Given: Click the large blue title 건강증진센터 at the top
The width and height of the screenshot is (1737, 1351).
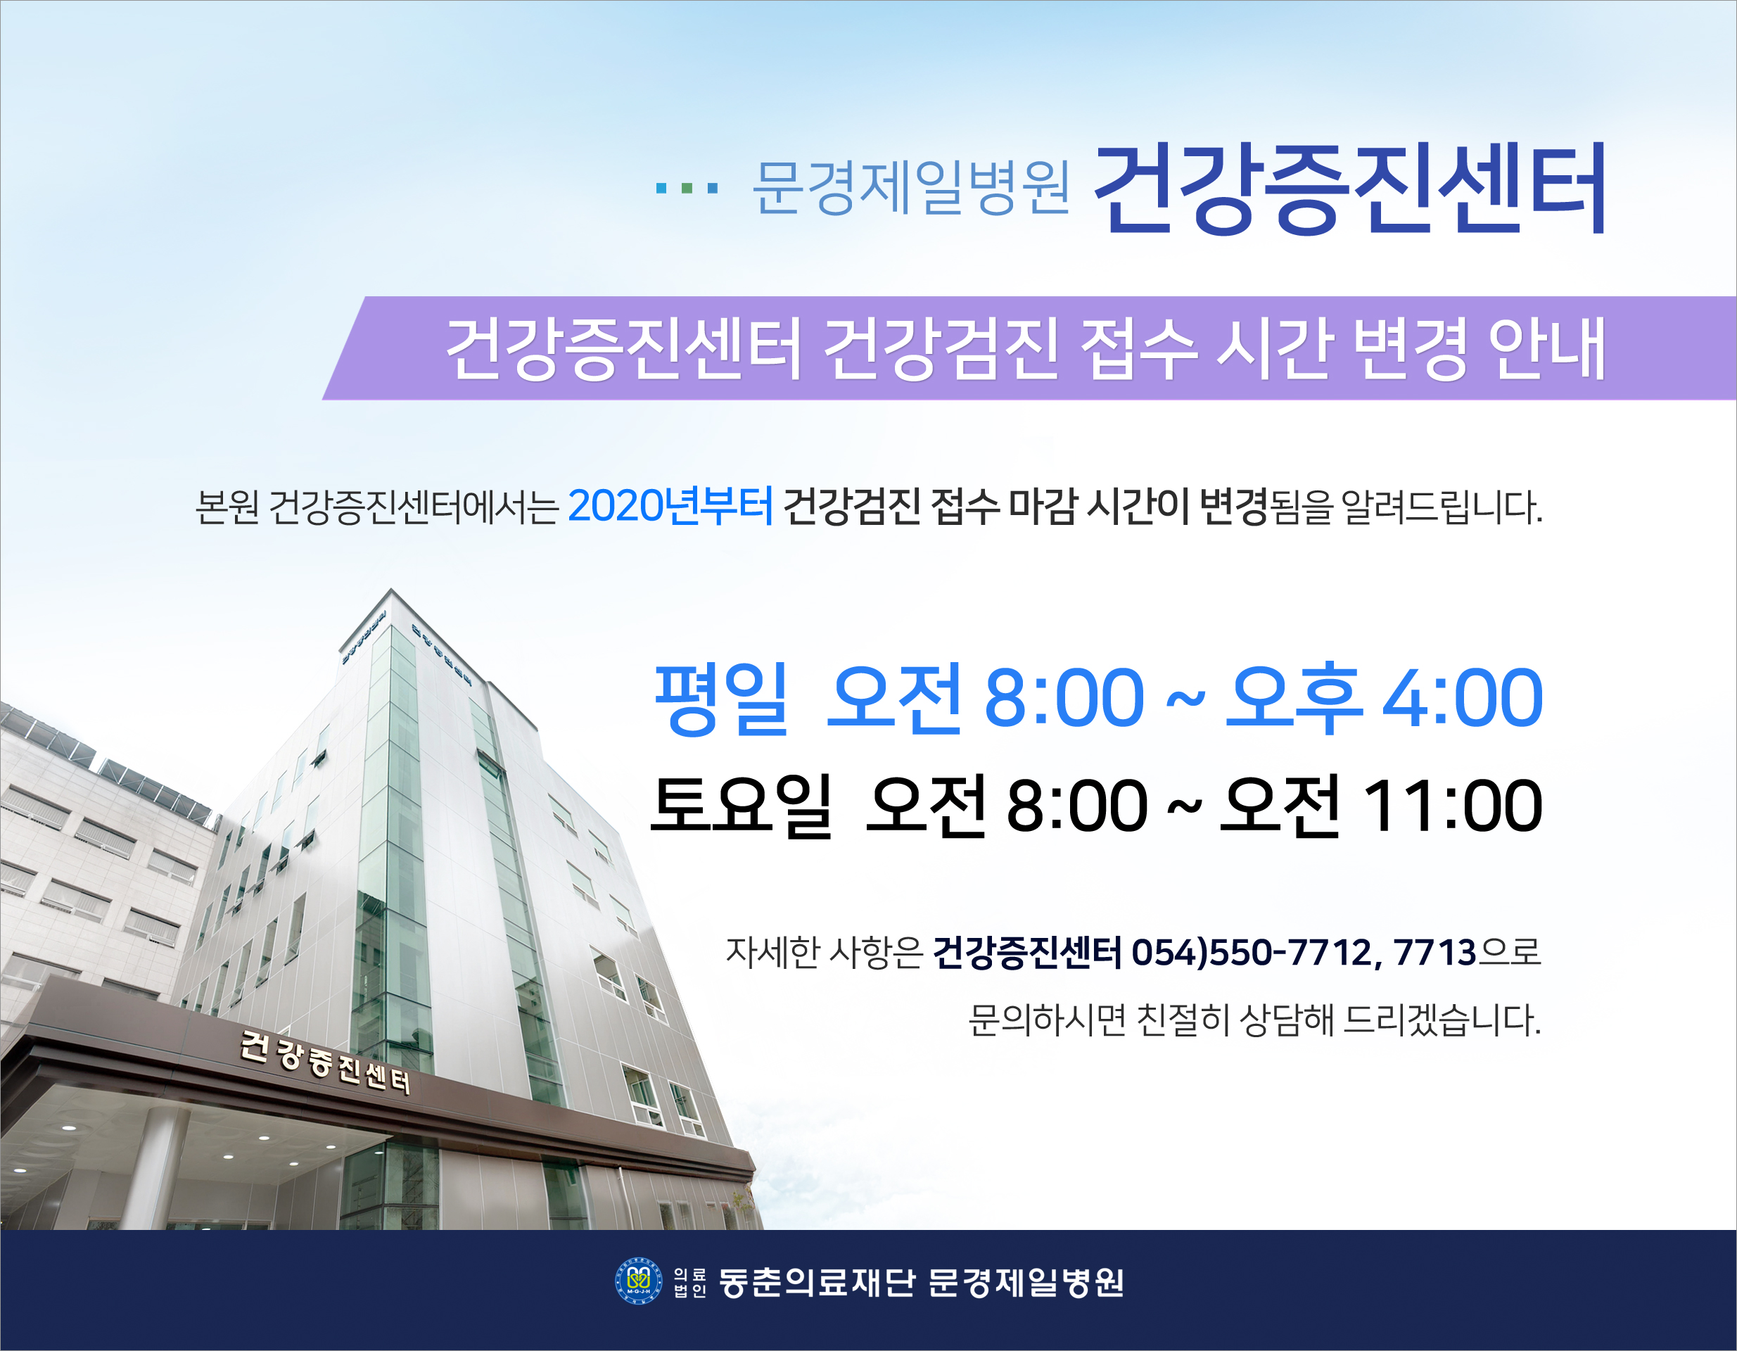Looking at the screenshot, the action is (x=1351, y=189).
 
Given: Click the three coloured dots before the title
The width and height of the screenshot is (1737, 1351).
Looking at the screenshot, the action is (x=687, y=189).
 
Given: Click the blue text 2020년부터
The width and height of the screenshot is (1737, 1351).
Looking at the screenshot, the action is (x=670, y=506).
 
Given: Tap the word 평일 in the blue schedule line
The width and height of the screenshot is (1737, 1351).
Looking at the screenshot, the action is (x=720, y=699).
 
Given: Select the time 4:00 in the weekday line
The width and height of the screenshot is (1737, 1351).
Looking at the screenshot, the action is (x=1463, y=699).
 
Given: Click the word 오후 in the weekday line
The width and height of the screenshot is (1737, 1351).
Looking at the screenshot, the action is (x=1292, y=699).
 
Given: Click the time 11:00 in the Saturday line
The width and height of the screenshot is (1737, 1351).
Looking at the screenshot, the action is (x=1453, y=807).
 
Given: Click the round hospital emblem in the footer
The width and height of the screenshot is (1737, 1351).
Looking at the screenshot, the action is (x=638, y=1281).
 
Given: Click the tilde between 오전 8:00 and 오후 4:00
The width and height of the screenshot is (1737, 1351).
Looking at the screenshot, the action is (x=1185, y=700).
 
